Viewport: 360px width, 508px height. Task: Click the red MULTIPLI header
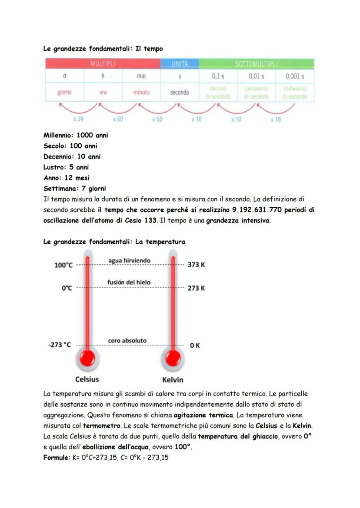pyautogui.click(x=103, y=64)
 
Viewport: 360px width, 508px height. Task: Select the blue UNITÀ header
pyautogui.click(x=180, y=64)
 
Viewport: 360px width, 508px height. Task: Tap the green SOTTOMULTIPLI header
pyautogui.click(x=256, y=64)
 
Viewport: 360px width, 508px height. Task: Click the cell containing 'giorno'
pyautogui.click(x=64, y=93)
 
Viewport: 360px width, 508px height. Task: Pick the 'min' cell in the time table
pyautogui.click(x=141, y=76)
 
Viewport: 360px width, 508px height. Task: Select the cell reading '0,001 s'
pyautogui.click(x=295, y=76)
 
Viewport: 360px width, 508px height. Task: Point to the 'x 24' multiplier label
pyautogui.click(x=78, y=119)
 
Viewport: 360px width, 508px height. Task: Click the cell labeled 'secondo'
pyautogui.click(x=180, y=93)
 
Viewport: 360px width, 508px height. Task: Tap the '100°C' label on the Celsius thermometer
pyautogui.click(x=63, y=265)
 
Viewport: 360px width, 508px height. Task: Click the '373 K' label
pyautogui.click(x=196, y=265)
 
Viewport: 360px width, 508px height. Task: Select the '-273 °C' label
pyautogui.click(x=60, y=345)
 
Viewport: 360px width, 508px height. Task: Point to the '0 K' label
pyautogui.click(x=195, y=345)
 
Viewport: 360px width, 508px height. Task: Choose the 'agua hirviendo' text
pyautogui.click(x=129, y=260)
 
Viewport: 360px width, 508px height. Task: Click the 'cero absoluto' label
pyautogui.click(x=127, y=341)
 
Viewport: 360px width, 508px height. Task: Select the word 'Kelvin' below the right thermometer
pyautogui.click(x=173, y=380)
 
